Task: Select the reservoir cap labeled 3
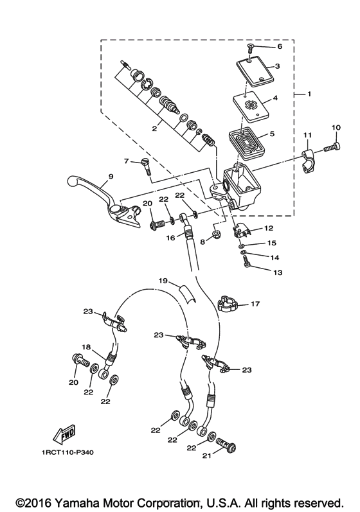[255, 72]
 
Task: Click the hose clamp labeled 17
[228, 303]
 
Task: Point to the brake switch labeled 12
[242, 231]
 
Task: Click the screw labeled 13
[247, 261]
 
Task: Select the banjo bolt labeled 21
[226, 445]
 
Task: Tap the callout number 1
[309, 94]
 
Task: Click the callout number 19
[163, 281]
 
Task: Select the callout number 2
[154, 128]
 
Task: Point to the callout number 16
[170, 238]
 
